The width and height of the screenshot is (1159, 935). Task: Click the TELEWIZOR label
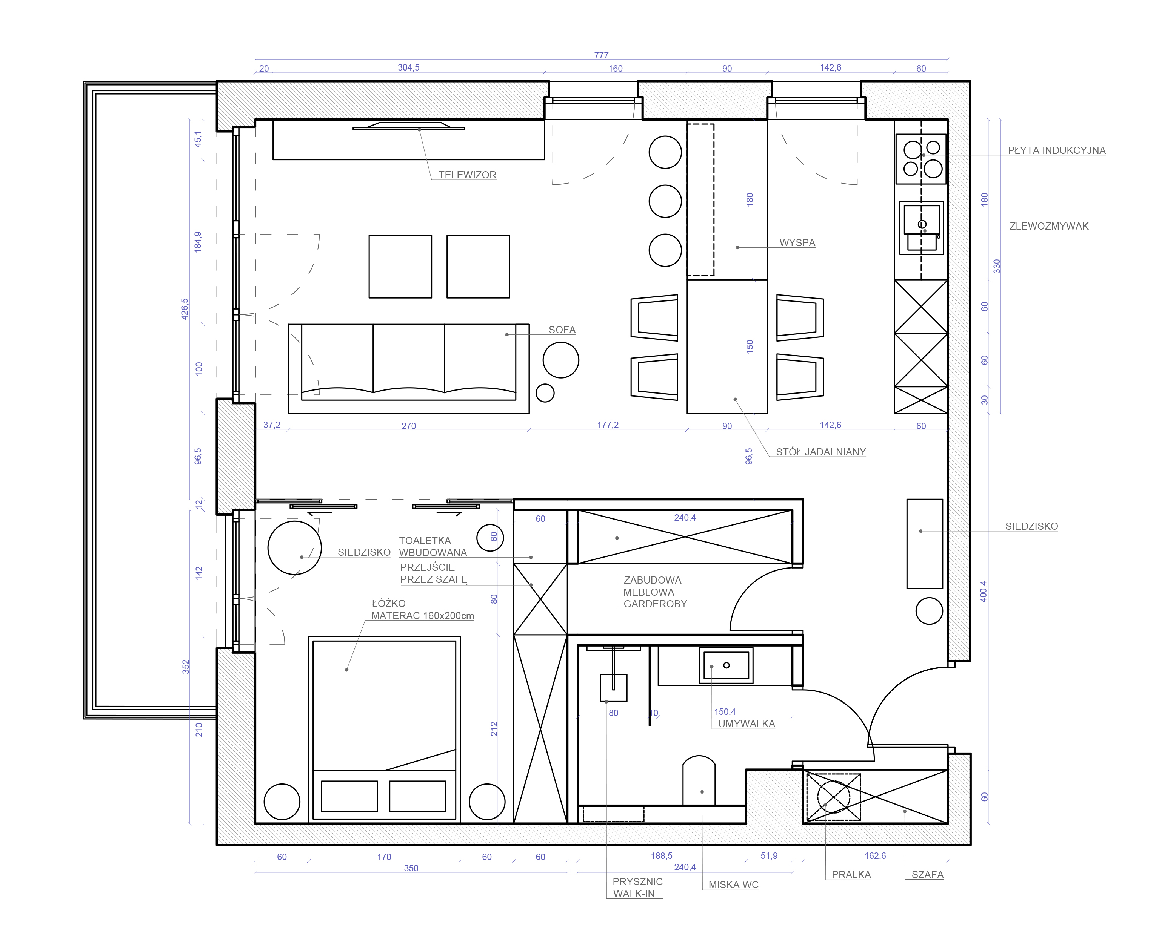click(467, 175)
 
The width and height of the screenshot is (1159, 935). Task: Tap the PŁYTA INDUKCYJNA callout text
click(1057, 151)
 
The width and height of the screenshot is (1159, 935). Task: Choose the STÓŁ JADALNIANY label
click(821, 452)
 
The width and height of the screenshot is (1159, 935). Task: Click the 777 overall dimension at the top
click(601, 55)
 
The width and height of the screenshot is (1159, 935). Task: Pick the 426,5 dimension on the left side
click(185, 309)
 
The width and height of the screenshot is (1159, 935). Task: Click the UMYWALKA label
click(747, 724)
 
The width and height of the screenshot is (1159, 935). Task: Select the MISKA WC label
click(733, 885)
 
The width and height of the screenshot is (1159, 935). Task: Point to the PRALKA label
click(851, 875)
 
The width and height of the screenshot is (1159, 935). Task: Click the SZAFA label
click(927, 875)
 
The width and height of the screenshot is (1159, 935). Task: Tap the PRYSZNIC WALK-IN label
click(637, 887)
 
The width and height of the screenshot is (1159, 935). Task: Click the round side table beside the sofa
click(561, 360)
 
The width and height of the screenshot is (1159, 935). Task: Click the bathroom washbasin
click(726, 665)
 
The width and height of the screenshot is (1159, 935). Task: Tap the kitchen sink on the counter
click(922, 227)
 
